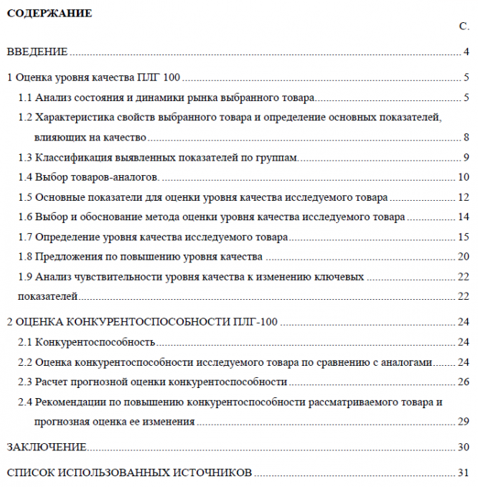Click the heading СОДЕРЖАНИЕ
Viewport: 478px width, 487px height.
pyautogui.click(x=50, y=12)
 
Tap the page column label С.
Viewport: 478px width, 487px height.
pyautogui.click(x=464, y=26)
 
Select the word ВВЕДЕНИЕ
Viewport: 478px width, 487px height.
pyautogui.click(x=37, y=52)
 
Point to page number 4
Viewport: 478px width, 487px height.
pyautogui.click(x=466, y=52)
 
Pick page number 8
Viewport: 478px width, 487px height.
pyautogui.click(x=466, y=138)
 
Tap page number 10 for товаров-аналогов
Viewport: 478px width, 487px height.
pyautogui.click(x=463, y=177)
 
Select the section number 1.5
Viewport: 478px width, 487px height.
pyautogui.click(x=25, y=197)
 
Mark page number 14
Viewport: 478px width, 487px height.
pyautogui.click(x=463, y=217)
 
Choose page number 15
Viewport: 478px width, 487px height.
pyautogui.click(x=463, y=237)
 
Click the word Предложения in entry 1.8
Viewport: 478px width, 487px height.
pyautogui.click(x=69, y=256)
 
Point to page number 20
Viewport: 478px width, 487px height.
pyautogui.click(x=463, y=256)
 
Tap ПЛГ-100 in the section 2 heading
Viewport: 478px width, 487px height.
pyautogui.click(x=258, y=322)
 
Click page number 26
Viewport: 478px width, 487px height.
pyautogui.click(x=463, y=382)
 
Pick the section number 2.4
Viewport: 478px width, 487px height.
pyautogui.click(x=25, y=402)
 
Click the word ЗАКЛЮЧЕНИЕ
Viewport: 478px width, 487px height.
pyautogui.click(x=47, y=448)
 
